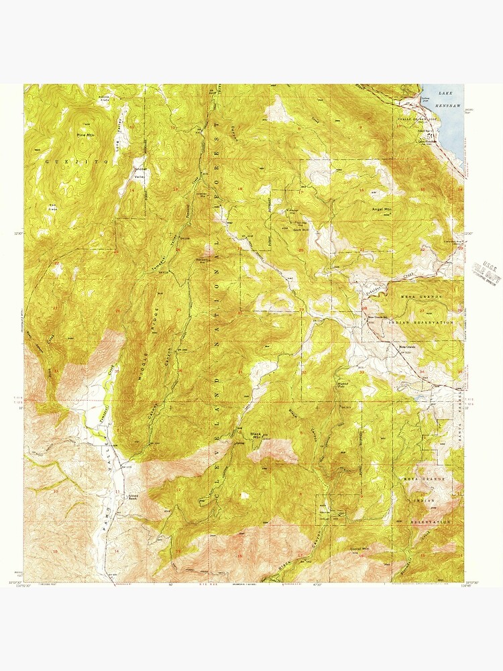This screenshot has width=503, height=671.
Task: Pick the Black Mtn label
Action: click(256, 435)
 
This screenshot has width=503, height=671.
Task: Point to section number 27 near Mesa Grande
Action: click(421, 310)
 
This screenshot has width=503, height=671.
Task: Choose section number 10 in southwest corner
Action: click(56, 491)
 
